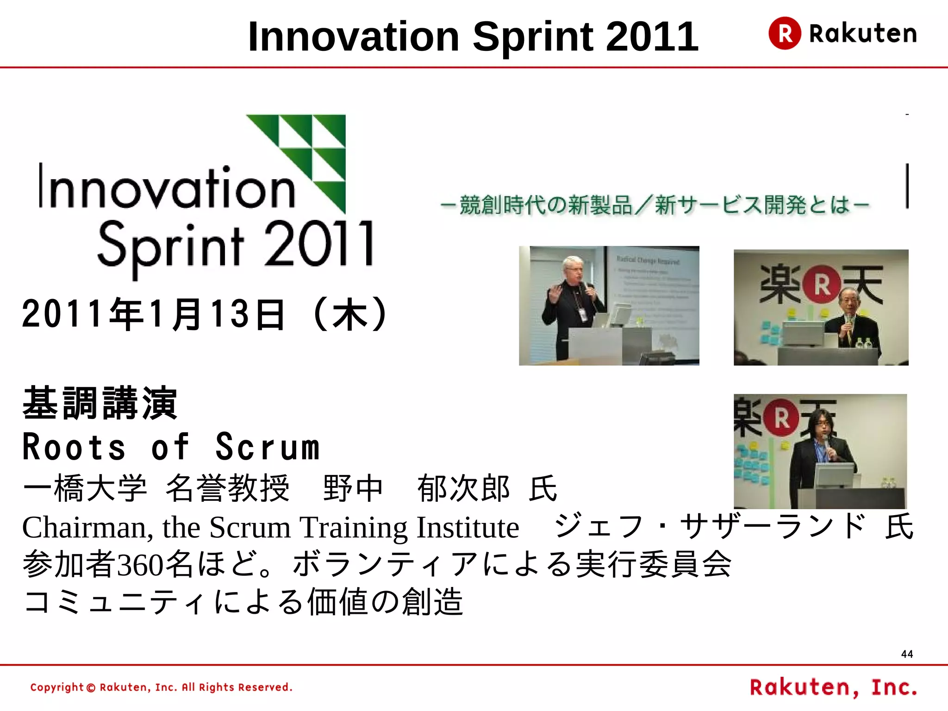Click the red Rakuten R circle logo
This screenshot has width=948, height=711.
pos(785,33)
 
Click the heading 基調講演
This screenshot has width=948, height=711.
pos(100,403)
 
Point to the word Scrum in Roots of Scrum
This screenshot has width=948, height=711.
pos(268,447)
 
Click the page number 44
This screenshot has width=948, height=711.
pos(907,654)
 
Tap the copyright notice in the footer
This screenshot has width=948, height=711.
pos(161,687)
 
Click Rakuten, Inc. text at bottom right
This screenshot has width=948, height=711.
pos(833,687)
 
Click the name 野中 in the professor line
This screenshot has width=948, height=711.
pos(353,489)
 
